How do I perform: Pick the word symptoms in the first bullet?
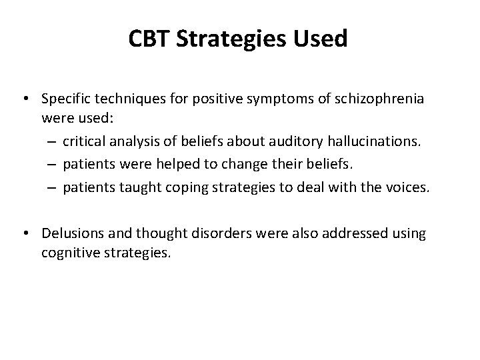tap(280, 99)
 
